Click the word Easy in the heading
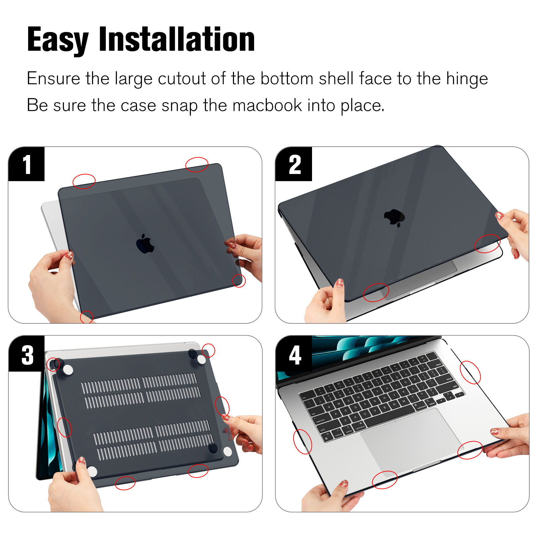58,40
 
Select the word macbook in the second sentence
267,105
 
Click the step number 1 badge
26,164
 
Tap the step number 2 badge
294,164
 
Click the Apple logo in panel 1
145,243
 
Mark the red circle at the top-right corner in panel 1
197,164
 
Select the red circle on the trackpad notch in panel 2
376,292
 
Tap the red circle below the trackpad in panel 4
385,480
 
